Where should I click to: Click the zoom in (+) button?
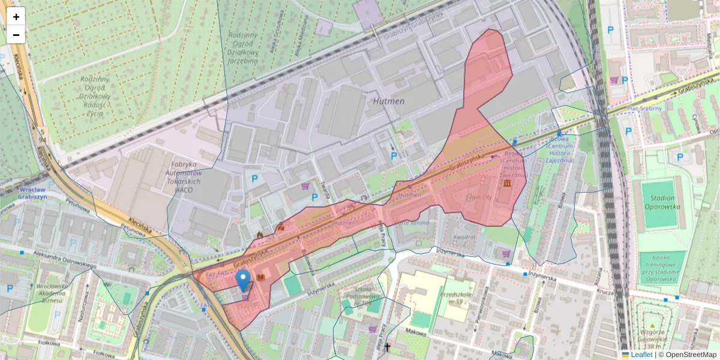click(x=16, y=17)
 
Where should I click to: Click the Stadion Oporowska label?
click(x=658, y=202)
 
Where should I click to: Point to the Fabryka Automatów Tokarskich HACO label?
click(x=184, y=176)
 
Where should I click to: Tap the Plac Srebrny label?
click(x=644, y=109)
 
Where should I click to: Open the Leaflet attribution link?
click(x=641, y=355)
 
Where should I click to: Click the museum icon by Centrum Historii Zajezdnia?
click(x=508, y=182)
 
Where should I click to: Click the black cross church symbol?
click(x=388, y=347)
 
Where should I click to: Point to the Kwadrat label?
click(x=464, y=237)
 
